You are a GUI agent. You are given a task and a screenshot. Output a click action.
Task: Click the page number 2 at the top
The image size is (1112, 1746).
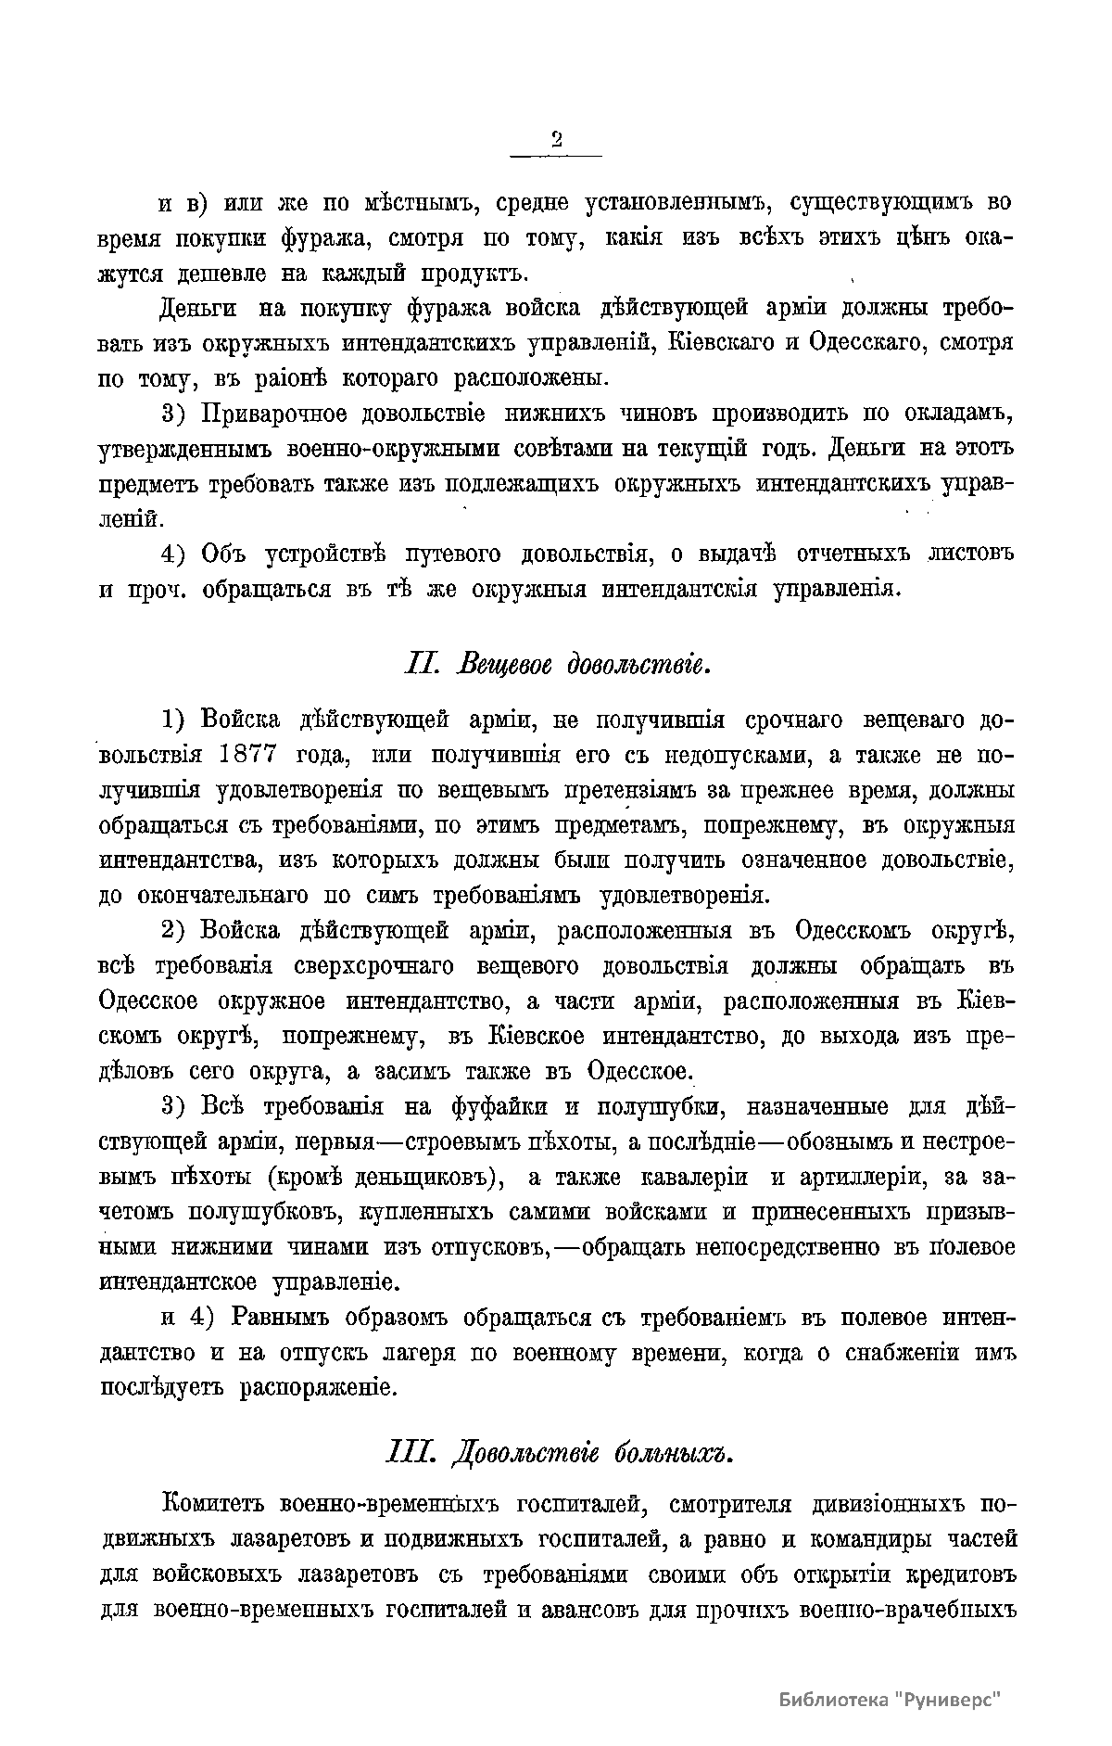point(557,140)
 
